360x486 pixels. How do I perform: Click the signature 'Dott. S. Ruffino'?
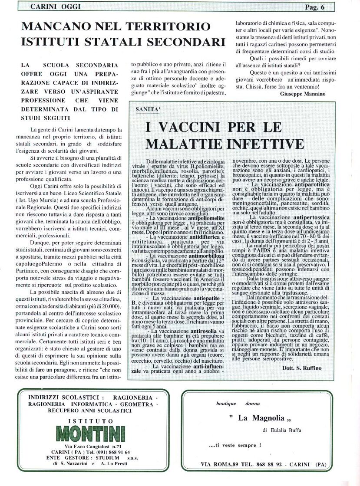point(309,368)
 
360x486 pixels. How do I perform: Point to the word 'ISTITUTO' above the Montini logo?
point(92,421)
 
